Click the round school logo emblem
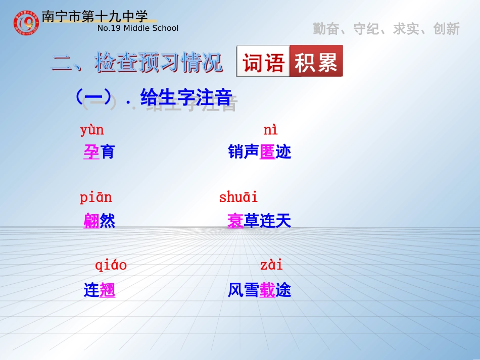(x=26, y=22)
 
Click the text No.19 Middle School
(x=137, y=28)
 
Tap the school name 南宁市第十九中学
(x=94, y=16)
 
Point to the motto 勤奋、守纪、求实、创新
(x=386, y=29)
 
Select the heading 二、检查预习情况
(x=137, y=63)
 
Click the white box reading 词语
(x=263, y=62)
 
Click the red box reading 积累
(x=316, y=62)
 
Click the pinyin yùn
(x=92, y=130)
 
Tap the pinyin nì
(x=270, y=130)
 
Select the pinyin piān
(x=95, y=197)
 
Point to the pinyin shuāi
(x=238, y=197)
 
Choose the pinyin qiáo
(x=111, y=265)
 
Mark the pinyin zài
(x=271, y=265)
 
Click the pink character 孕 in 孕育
(x=91, y=152)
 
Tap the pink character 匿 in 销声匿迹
(x=267, y=152)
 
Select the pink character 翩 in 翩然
(x=91, y=221)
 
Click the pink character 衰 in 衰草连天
(x=235, y=221)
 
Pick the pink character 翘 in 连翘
(x=108, y=290)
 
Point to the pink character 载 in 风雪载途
(x=267, y=290)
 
